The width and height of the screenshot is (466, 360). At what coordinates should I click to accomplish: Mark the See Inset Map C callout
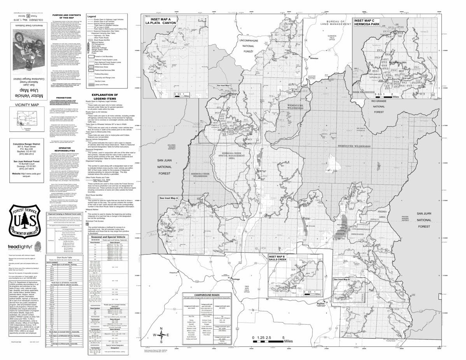pos(224,85)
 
